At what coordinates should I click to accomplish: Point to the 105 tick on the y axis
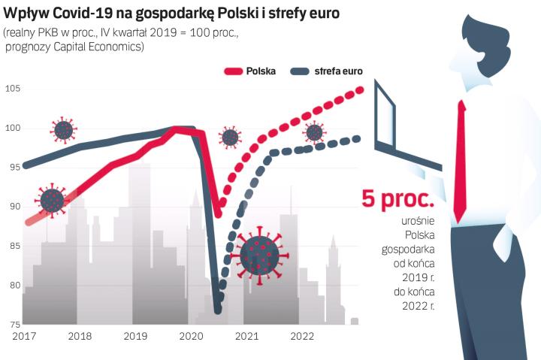pyautogui.click(x=12, y=89)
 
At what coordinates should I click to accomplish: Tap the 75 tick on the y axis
pyautogui.click(x=12, y=324)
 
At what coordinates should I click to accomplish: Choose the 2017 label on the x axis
pyautogui.click(x=25, y=336)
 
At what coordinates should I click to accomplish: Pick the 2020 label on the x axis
pyautogui.click(x=191, y=336)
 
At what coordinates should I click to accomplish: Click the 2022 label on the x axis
pyautogui.click(x=302, y=336)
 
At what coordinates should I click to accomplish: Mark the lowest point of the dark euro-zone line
pyautogui.click(x=217, y=310)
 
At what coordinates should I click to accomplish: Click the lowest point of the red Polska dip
pyautogui.click(x=218, y=213)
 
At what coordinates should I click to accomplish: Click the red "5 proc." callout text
pyautogui.click(x=398, y=198)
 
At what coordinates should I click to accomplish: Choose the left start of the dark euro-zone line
pyautogui.click(x=26, y=165)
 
